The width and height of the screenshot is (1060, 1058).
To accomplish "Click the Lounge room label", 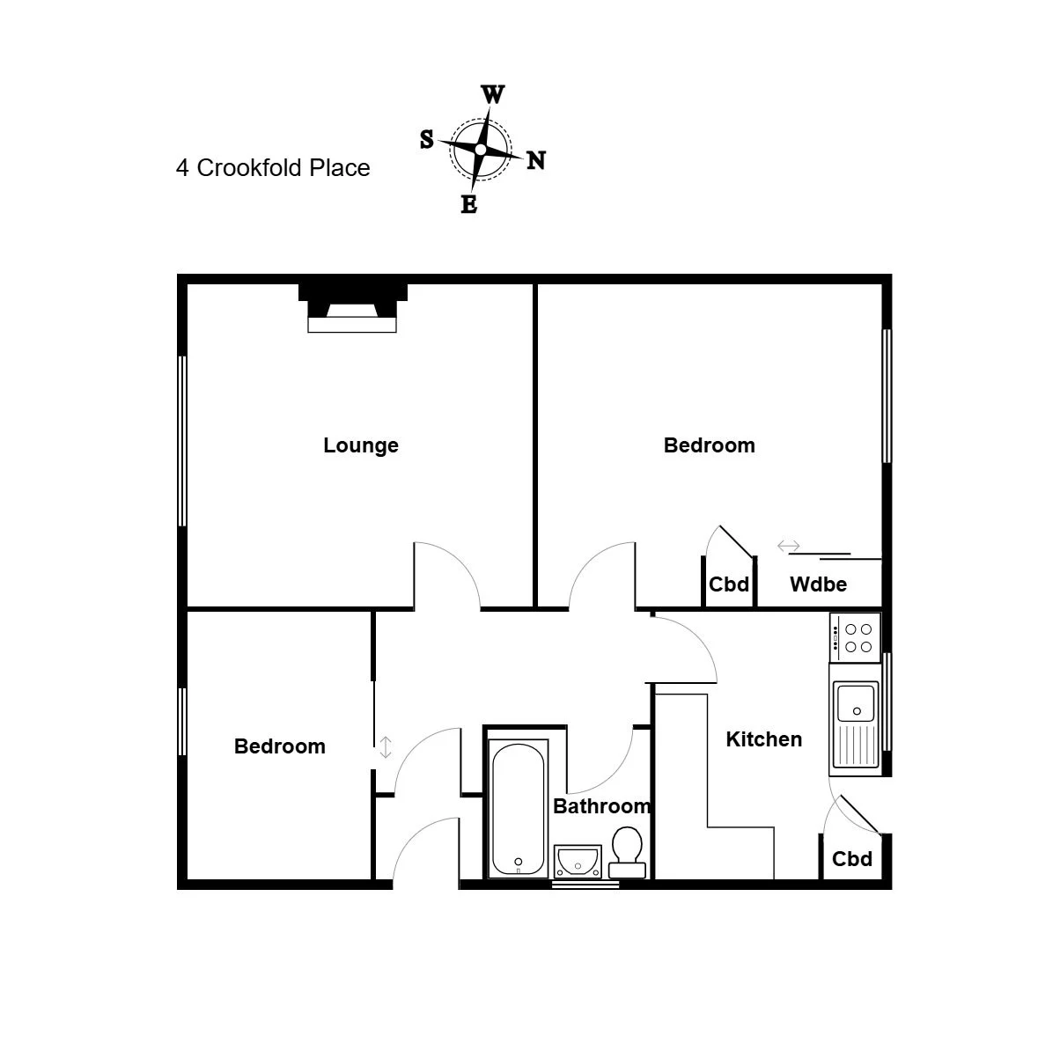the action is pyautogui.click(x=360, y=445).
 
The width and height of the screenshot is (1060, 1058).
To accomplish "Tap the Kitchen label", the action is pyautogui.click(x=763, y=738).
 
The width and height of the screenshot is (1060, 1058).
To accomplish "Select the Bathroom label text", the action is pyautogui.click(x=602, y=806).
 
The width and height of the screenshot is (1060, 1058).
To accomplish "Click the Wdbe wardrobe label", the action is pyautogui.click(x=818, y=584).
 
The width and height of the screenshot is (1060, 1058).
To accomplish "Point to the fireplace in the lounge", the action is pyautogui.click(x=352, y=308).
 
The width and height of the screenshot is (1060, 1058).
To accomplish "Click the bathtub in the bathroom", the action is pyautogui.click(x=518, y=809).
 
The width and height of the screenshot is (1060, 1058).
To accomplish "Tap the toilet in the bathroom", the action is pyautogui.click(x=627, y=852).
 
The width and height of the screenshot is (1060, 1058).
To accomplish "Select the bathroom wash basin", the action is pyautogui.click(x=577, y=861).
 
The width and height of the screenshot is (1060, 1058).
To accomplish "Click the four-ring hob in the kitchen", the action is pyautogui.click(x=856, y=637).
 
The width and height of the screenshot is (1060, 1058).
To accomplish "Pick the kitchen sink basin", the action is pyautogui.click(x=856, y=702).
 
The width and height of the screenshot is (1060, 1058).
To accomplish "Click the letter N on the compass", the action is pyautogui.click(x=536, y=161).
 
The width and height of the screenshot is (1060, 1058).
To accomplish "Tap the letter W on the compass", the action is pyautogui.click(x=492, y=95).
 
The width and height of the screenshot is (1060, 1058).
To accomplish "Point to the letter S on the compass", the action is pyautogui.click(x=426, y=139).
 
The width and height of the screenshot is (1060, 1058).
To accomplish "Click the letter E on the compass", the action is pyautogui.click(x=468, y=205).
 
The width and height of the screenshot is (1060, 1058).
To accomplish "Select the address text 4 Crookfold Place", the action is pyautogui.click(x=273, y=168).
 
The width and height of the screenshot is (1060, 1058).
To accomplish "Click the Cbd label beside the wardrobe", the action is pyautogui.click(x=728, y=584).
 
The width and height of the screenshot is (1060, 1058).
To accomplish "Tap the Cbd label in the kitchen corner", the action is pyautogui.click(x=851, y=859).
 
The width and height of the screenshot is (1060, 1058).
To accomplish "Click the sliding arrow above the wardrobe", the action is pyautogui.click(x=788, y=546).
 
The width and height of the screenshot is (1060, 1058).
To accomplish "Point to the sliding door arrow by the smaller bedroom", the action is pyautogui.click(x=385, y=747).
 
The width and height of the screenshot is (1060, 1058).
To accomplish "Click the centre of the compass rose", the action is pyautogui.click(x=480, y=149).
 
